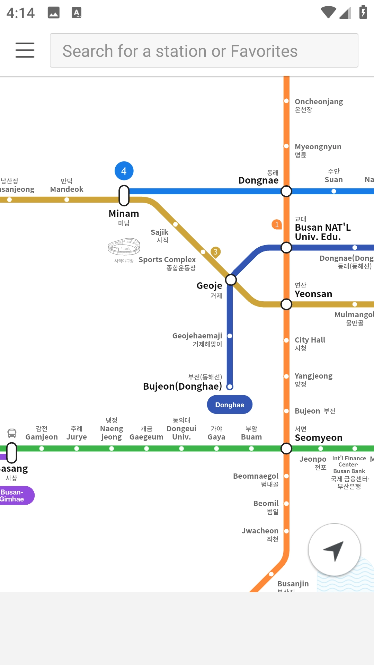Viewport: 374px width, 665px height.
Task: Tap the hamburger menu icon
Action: coord(25,50)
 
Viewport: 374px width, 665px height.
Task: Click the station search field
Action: coord(204,51)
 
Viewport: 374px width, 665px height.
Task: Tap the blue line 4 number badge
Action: coord(124,171)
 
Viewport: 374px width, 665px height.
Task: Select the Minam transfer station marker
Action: coord(124,195)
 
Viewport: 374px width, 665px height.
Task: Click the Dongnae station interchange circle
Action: coord(286,191)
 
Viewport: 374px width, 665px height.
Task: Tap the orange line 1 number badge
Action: coord(277,224)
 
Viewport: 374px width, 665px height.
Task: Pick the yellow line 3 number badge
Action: coord(215,252)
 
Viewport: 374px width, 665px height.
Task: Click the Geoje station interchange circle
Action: coord(231,280)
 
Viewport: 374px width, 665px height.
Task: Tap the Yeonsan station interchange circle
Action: coord(286,304)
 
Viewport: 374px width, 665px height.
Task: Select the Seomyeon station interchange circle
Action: coord(286,449)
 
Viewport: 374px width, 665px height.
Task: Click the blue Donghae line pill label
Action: coord(230,405)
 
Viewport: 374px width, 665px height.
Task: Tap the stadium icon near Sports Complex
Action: coord(124,247)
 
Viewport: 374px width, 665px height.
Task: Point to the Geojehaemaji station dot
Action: coord(230,336)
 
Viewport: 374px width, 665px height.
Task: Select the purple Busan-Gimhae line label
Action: coord(14,496)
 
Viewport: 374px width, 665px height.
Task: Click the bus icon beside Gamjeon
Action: coord(12,433)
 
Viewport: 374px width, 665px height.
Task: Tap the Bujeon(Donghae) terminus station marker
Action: coord(230,387)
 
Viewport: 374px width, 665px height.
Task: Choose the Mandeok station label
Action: coord(66,189)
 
